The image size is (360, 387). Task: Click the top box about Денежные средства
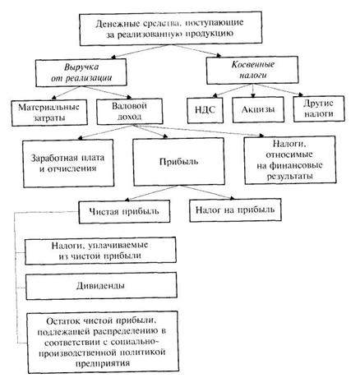(171, 28)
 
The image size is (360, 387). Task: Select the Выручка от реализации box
(81, 72)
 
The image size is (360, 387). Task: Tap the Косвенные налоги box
(252, 70)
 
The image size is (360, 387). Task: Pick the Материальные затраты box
(49, 113)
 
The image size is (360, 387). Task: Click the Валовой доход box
(130, 111)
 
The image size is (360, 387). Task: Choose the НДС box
(205, 110)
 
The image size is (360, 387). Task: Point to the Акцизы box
(258, 109)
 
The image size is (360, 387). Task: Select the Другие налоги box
(319, 108)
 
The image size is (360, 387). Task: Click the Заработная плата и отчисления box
(68, 164)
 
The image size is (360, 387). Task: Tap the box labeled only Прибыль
(178, 162)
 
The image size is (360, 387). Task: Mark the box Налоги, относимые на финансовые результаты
(290, 159)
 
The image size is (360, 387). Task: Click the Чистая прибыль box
(124, 212)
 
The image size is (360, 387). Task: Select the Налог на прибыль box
(235, 210)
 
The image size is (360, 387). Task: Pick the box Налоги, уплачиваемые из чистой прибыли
(100, 251)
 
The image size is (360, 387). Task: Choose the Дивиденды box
(101, 286)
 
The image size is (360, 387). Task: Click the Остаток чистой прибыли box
(103, 342)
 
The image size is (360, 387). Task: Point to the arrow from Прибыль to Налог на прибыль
(207, 191)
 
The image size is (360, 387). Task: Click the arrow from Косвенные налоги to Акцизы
(253, 90)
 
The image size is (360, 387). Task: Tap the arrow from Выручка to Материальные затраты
(67, 93)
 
